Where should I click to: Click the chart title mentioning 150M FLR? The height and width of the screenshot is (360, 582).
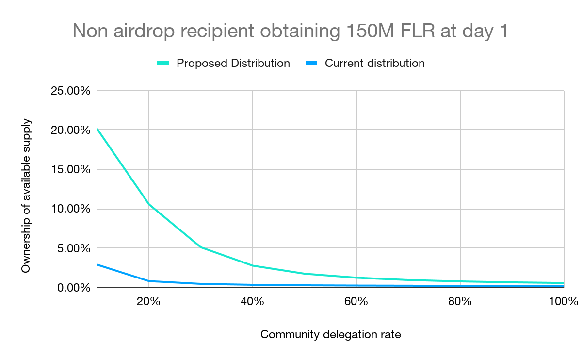click(x=290, y=31)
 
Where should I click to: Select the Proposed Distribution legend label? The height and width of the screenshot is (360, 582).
click(x=233, y=63)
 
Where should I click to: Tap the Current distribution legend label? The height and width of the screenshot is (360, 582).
click(x=374, y=63)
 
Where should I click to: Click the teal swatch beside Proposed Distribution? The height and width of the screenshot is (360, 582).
click(x=163, y=64)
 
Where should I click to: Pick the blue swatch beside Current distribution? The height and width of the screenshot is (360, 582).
click(x=311, y=64)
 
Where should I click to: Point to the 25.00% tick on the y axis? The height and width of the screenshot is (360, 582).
click(x=70, y=91)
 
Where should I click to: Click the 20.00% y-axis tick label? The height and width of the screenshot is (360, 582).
click(x=70, y=130)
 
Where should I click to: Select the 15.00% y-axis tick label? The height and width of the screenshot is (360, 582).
click(x=70, y=169)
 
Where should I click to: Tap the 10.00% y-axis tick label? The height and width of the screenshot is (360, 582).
click(x=70, y=209)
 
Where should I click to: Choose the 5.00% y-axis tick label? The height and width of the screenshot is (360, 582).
click(x=73, y=248)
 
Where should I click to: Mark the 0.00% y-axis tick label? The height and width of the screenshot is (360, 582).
click(x=73, y=288)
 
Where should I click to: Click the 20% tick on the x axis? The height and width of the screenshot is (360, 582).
click(x=148, y=301)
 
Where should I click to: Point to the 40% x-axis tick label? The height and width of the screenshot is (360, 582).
click(x=252, y=301)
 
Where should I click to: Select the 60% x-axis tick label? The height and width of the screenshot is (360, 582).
click(x=356, y=301)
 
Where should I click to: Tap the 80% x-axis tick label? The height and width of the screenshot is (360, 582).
click(x=460, y=301)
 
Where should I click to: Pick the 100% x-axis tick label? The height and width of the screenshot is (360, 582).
click(x=564, y=301)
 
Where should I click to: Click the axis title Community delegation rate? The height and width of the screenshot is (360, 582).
click(x=330, y=335)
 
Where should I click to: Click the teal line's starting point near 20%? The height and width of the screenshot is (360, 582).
click(x=98, y=130)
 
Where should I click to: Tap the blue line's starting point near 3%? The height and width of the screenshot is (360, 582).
click(x=98, y=264)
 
